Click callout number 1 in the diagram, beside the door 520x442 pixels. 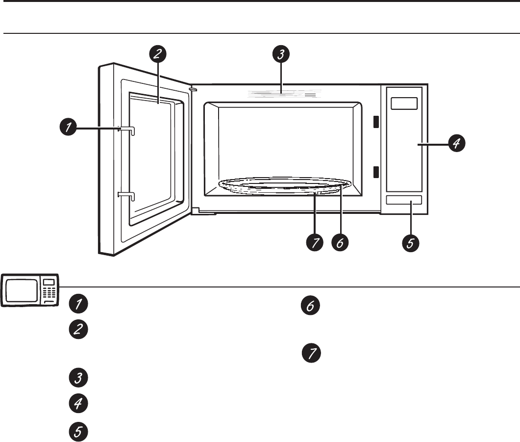click(68, 129)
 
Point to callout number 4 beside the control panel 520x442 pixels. click(456, 144)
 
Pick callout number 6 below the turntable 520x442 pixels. click(340, 242)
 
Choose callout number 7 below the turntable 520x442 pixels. click(314, 242)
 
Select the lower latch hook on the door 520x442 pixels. click(126, 195)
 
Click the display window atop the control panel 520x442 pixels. click(404, 104)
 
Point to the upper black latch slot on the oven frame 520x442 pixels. click(376, 122)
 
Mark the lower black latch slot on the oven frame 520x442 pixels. click(376, 172)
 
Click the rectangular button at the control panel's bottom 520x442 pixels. click(403, 199)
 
